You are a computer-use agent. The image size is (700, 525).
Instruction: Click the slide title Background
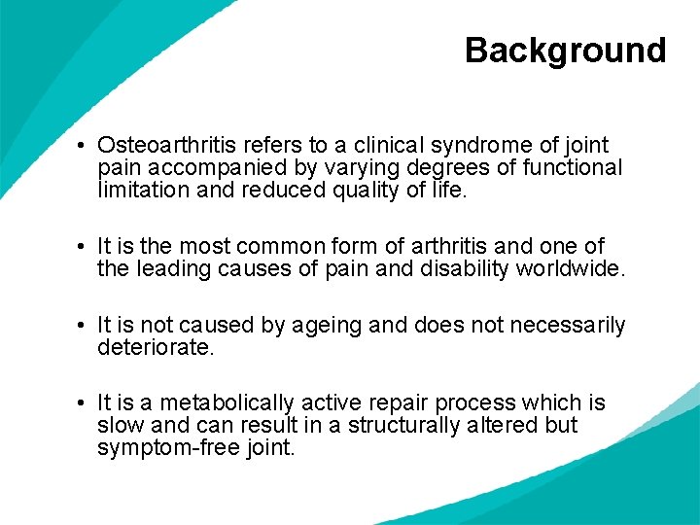565,50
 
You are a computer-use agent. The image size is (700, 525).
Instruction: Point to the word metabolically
226,402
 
